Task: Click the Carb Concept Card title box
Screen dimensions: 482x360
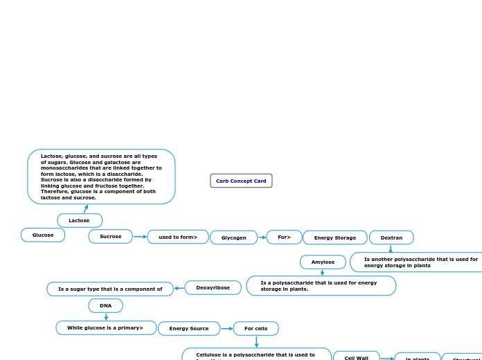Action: coord(241,181)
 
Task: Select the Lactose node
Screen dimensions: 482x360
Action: coord(80,220)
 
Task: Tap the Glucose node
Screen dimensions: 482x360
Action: coord(43,235)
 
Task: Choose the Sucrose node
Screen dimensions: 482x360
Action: coord(110,236)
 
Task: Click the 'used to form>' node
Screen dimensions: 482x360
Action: coord(178,237)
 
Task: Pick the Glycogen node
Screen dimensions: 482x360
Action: coord(233,237)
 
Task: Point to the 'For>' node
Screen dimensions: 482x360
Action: coord(284,237)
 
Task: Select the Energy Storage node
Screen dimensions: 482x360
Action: coord(335,237)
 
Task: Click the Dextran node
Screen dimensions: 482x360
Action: coord(391,237)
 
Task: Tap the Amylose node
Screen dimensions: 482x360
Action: coord(323,262)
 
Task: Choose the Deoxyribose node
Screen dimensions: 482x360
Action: coord(213,287)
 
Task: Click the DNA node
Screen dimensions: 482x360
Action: coord(105,305)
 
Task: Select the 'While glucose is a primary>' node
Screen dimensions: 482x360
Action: coord(106,327)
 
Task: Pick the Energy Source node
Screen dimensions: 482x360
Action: coord(189,328)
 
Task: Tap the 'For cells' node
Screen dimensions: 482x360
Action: coord(256,328)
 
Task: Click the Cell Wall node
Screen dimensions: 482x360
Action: coord(356,357)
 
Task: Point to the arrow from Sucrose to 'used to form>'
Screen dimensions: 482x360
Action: coord(140,237)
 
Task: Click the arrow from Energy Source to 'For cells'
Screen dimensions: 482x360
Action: coord(226,328)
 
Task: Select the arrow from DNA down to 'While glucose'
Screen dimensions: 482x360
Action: coord(106,316)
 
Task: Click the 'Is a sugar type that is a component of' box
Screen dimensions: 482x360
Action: coord(110,289)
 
